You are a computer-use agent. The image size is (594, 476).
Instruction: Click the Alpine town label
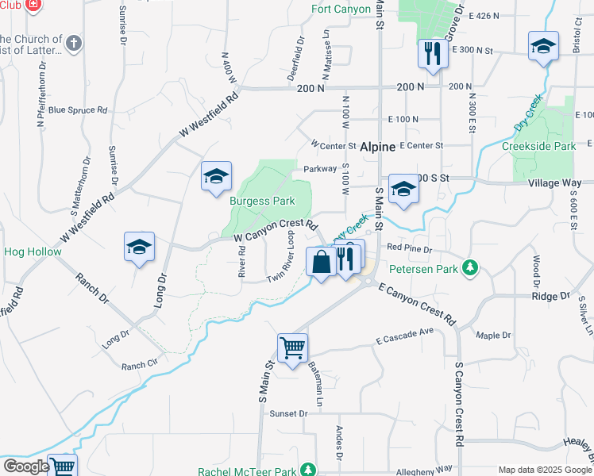378,148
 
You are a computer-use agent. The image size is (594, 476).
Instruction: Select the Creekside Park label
538,147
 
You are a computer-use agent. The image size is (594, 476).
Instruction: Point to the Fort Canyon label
341,10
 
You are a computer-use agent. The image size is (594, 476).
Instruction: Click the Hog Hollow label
27,251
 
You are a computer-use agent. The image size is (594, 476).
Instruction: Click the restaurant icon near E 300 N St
432,54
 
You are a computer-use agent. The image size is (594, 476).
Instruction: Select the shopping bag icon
321,262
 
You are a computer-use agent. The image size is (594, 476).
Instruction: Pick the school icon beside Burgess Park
215,178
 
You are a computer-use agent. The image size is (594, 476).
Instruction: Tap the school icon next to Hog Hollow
139,247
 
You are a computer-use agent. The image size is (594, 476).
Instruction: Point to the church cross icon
74,43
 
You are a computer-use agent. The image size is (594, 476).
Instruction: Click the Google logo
26,466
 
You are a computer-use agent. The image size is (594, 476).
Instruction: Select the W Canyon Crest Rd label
276,231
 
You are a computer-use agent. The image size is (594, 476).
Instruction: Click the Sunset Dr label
288,414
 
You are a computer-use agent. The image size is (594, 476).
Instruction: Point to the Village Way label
555,182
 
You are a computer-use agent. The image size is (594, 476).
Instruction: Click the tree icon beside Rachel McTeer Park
311,470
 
